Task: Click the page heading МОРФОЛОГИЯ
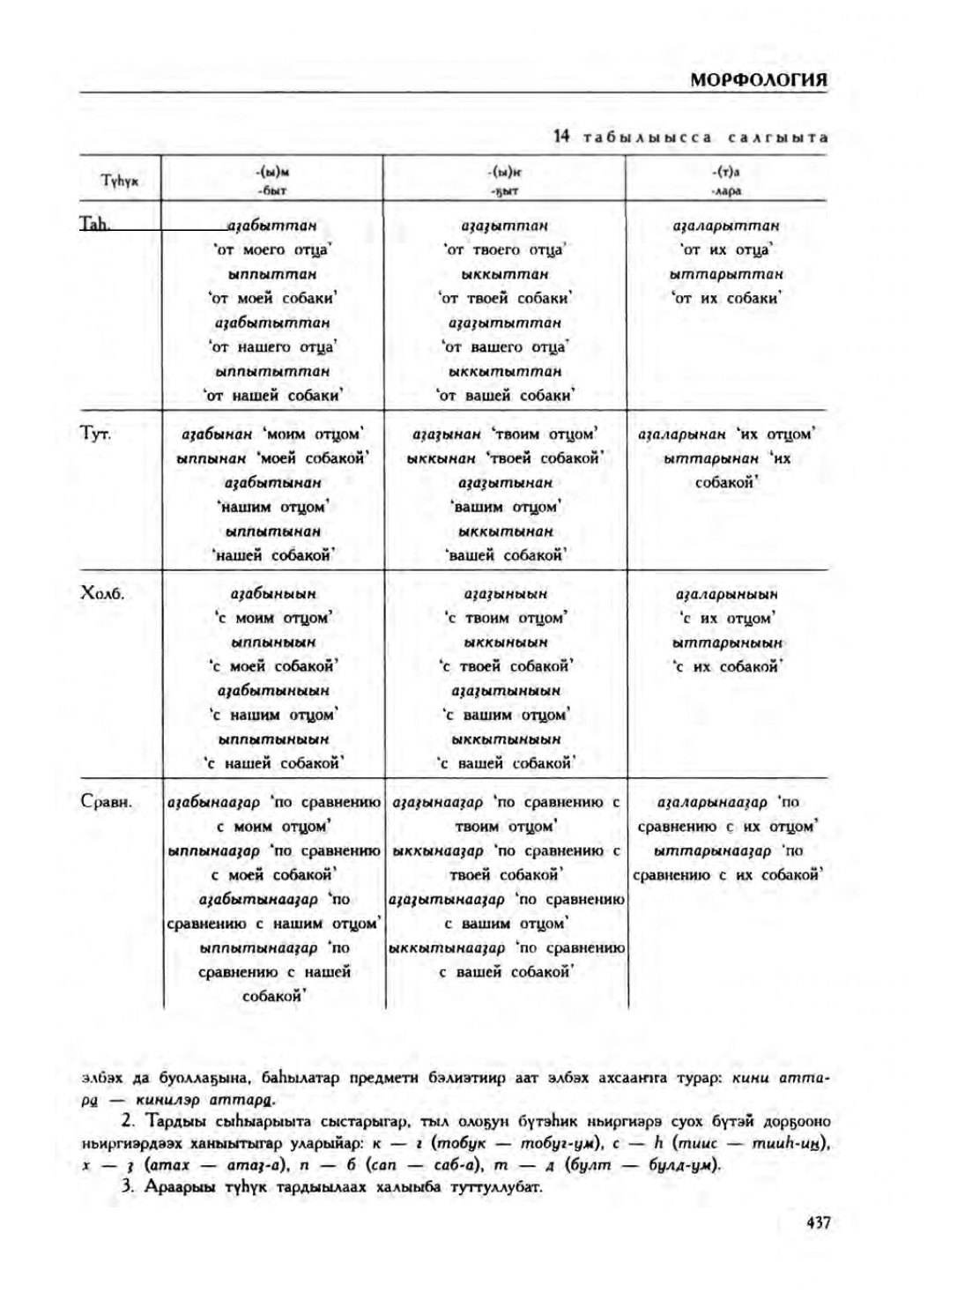(758, 80)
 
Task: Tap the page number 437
(817, 1222)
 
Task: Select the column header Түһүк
(120, 181)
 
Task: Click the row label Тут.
(95, 434)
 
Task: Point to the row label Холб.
(102, 593)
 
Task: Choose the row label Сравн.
(106, 802)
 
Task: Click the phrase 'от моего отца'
(272, 250)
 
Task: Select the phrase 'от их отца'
(727, 250)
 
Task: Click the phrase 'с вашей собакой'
(506, 764)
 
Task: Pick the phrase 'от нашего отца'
(272, 347)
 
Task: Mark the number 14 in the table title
(562, 137)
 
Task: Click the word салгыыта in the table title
(778, 137)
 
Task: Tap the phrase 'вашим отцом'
(506, 508)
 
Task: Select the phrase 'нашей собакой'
(272, 556)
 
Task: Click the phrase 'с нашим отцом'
(272, 716)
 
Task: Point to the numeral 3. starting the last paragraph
(127, 1186)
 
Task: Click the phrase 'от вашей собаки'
(506, 396)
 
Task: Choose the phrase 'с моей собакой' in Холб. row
(272, 667)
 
